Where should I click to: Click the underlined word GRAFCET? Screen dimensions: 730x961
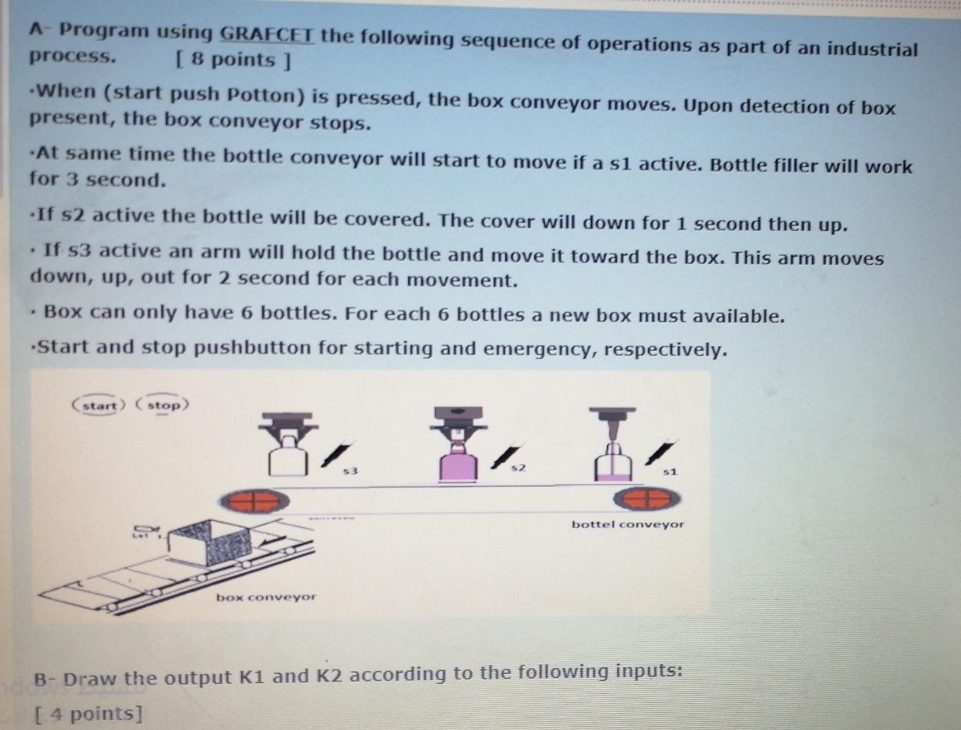(266, 34)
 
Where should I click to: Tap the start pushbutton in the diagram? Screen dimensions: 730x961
(99, 405)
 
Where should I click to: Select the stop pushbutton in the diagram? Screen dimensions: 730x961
(163, 405)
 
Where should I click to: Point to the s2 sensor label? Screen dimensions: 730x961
(518, 467)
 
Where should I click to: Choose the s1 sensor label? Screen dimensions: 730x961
(670, 471)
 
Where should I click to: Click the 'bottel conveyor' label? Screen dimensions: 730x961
(628, 524)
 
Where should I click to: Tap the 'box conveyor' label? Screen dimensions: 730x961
(265, 597)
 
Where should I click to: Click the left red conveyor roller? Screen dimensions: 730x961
(255, 501)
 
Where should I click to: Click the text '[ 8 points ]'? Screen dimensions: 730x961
(232, 60)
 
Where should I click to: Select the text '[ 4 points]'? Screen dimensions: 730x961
(89, 713)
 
